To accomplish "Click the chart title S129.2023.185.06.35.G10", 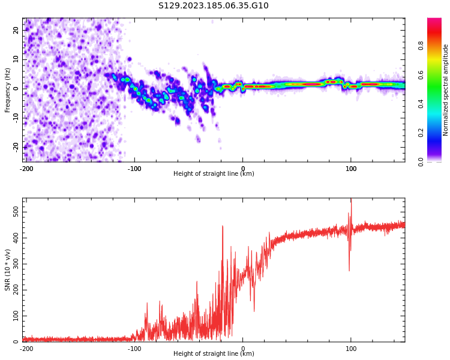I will (213, 6).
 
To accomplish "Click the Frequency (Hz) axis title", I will (8, 89).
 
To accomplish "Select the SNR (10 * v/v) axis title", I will (8, 270).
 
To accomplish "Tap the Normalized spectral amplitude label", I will (446, 89).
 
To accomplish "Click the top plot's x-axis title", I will (214, 174).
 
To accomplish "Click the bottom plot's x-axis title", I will (214, 354).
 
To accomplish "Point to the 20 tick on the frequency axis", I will (16, 31).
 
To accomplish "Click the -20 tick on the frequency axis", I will (15, 146).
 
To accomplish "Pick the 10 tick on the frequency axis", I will (16, 59).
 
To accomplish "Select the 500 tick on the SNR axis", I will (13, 213).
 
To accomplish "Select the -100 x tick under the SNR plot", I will (134, 349).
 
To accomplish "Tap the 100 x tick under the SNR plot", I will (351, 349).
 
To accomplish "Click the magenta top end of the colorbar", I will (434, 20).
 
